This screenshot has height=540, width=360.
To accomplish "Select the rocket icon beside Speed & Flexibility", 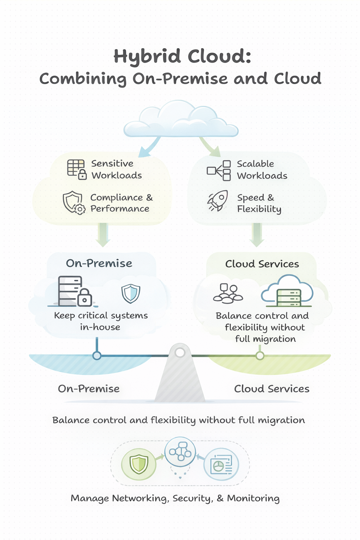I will click(218, 201).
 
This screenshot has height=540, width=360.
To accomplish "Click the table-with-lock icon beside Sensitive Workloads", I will click(77, 169).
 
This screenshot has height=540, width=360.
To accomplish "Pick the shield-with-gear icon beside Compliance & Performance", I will click(74, 203).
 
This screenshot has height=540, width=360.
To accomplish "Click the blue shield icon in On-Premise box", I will click(131, 293).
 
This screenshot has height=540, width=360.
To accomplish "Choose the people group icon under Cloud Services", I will click(228, 294).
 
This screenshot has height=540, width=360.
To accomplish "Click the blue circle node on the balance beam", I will click(97, 355).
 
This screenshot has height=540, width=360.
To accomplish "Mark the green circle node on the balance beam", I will click(260, 356).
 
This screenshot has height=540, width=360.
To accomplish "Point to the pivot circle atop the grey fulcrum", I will click(180, 352).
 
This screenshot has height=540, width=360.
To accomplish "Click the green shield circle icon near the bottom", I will click(139, 464).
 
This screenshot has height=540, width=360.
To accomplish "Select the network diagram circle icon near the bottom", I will click(180, 451).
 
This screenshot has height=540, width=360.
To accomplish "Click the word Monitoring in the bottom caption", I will click(253, 499).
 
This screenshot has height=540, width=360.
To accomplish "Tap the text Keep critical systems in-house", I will click(101, 321).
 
